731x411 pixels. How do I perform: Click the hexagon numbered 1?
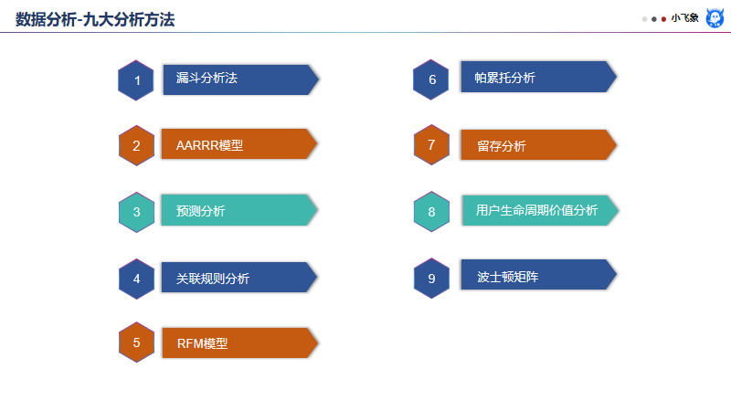pyautogui.click(x=136, y=80)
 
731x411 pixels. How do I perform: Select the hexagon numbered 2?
pyautogui.click(x=136, y=145)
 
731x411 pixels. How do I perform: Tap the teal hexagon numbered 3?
pyautogui.click(x=136, y=212)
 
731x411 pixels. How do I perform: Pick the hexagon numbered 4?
pyautogui.click(x=136, y=279)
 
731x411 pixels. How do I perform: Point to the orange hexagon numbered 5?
pyautogui.click(x=136, y=342)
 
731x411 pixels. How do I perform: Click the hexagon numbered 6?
pyautogui.click(x=431, y=79)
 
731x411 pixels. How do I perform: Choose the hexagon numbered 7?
pyautogui.click(x=431, y=144)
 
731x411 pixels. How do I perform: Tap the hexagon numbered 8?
pyautogui.click(x=431, y=212)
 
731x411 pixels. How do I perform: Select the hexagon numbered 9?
pyautogui.click(x=431, y=278)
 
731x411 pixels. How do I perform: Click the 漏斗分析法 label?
pyautogui.click(x=207, y=79)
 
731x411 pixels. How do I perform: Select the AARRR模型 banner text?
pyautogui.click(x=209, y=145)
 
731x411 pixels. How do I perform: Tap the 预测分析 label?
pyautogui.click(x=200, y=211)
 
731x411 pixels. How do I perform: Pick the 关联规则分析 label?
pyautogui.click(x=212, y=278)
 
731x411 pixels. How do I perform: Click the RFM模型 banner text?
pyautogui.click(x=201, y=343)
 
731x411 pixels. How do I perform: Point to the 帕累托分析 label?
pyautogui.click(x=505, y=78)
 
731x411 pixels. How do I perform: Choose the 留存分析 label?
pyautogui.click(x=501, y=145)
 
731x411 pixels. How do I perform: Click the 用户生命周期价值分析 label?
pyautogui.click(x=536, y=210)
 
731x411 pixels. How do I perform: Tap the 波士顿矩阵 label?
pyautogui.click(x=507, y=276)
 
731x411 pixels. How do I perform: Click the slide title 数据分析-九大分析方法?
pyautogui.click(x=95, y=18)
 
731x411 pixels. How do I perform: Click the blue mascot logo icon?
pyautogui.click(x=715, y=17)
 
